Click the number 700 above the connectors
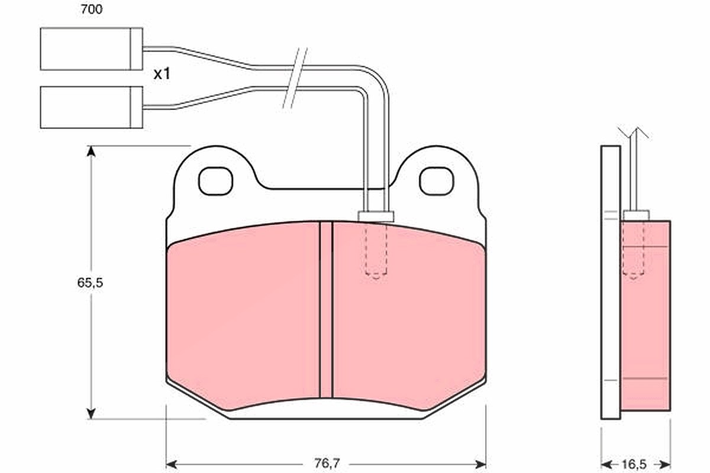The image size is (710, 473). (x=92, y=9)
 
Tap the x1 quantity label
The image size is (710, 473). (x=162, y=74)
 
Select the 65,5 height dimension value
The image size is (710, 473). (x=91, y=283)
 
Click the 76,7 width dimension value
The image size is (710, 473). (x=327, y=464)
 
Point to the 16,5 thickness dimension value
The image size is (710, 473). (x=634, y=465)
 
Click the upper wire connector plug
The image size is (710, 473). (x=91, y=49)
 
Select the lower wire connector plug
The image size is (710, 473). (x=91, y=108)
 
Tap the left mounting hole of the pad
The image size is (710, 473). (x=215, y=181)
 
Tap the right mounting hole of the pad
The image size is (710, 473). (x=437, y=181)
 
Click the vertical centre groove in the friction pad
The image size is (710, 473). (x=326, y=310)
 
